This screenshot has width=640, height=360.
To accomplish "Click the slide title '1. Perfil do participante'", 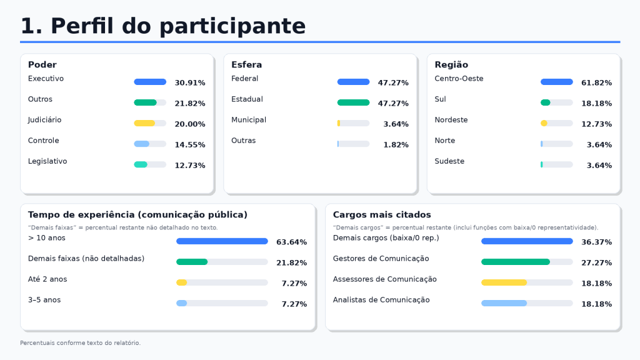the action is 163,26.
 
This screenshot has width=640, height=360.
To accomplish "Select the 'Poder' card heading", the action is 42,64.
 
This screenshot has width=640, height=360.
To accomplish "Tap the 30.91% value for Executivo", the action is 190,82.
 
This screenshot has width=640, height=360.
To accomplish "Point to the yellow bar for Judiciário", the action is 144,123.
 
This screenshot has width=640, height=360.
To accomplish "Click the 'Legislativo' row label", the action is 47,161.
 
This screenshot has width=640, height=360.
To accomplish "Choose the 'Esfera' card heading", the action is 246,64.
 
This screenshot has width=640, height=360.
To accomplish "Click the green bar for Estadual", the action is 354,102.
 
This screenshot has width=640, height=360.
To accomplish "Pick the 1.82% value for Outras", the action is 396,144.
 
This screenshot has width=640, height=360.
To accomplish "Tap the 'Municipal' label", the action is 249,119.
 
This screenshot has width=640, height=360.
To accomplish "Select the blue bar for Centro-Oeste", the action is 557,82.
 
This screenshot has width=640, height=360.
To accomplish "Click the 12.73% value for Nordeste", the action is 596,124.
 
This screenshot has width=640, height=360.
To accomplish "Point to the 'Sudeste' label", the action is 449,161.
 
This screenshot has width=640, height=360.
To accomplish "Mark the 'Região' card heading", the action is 451,64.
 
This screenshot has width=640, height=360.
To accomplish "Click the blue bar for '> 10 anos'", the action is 222,241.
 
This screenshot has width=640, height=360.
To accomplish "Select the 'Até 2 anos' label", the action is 47,279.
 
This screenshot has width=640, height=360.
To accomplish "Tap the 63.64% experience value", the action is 291,242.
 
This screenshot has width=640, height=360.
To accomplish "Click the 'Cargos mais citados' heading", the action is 382,215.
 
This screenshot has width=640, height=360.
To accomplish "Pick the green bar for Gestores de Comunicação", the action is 516,262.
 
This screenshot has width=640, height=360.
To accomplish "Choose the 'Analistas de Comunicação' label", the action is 381,300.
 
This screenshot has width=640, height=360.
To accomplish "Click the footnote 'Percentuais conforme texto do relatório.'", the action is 81,343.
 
